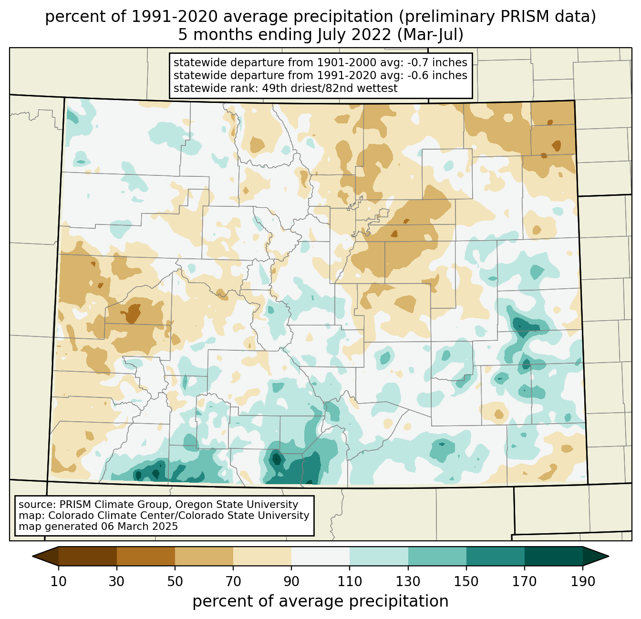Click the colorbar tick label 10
58,581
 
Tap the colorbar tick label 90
291,581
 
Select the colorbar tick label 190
583,581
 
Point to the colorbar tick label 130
408,581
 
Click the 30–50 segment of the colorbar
145,556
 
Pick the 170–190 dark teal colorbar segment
553,556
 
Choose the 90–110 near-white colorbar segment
320,556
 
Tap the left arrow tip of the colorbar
32,556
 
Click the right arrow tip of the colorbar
609,556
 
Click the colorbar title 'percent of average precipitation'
320,601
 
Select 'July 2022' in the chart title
354,35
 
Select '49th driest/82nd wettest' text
330,88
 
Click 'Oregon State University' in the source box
237,505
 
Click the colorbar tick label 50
175,581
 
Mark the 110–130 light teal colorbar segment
379,556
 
